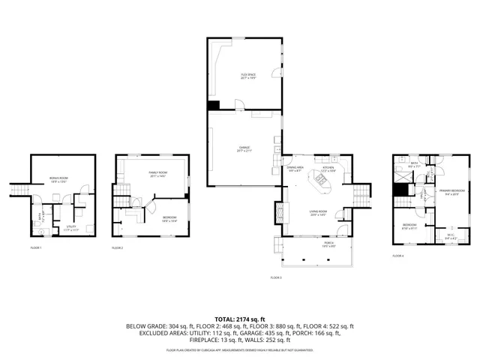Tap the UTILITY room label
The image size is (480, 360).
click(72, 226)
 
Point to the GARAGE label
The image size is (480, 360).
click(244, 148)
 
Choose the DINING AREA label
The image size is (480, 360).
click(295, 169)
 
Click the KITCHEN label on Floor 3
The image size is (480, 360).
click(328, 169)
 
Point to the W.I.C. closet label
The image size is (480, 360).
click(450, 235)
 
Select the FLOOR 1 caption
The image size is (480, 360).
click(36, 247)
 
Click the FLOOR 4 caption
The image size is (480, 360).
click(397, 256)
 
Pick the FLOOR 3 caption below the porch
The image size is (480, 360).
click(276, 277)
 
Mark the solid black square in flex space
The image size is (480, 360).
click(213, 106)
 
